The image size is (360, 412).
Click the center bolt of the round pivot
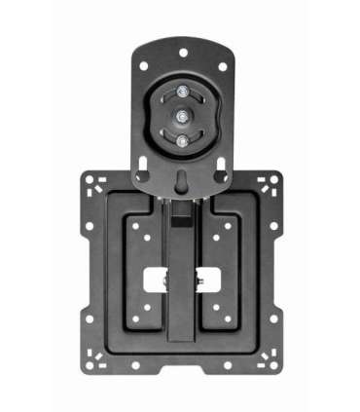(x=181, y=116)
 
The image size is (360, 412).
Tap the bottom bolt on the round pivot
(x=181, y=139)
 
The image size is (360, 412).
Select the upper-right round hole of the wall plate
(x=221, y=67)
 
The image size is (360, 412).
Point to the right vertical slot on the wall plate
(x=224, y=145)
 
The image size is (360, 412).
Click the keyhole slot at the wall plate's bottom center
(x=181, y=178)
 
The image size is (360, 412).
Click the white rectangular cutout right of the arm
(x=207, y=280)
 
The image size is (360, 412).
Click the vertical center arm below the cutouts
(x=181, y=321)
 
